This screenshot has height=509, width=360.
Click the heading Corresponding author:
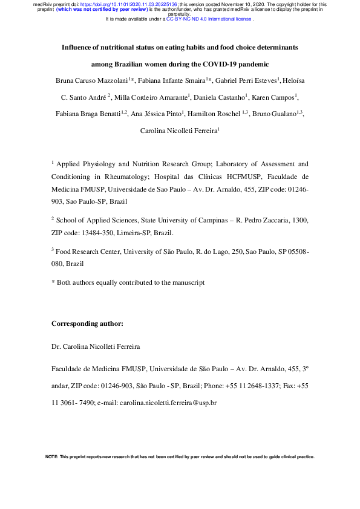(88, 323)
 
